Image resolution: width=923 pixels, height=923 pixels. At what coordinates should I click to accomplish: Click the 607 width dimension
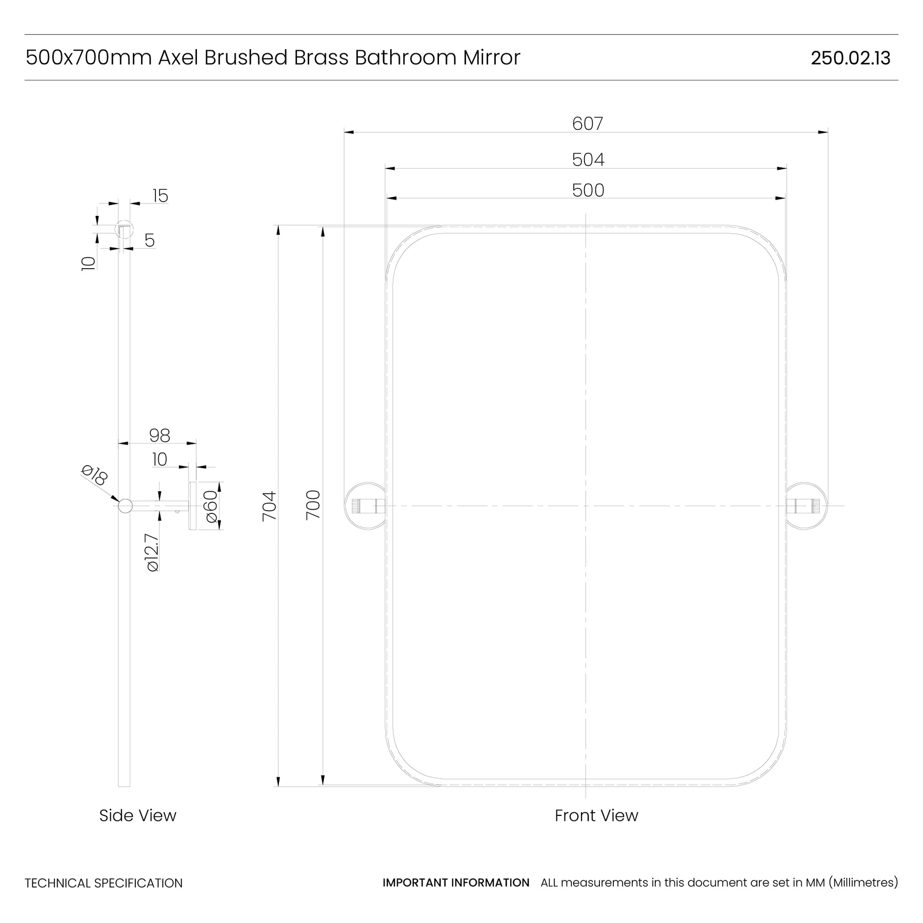pos(588,124)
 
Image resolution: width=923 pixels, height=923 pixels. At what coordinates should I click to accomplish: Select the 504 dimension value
pos(588,160)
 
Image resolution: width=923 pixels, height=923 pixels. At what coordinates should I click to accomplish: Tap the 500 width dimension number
pos(588,190)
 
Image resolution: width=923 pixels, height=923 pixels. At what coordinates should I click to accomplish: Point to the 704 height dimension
pos(269,506)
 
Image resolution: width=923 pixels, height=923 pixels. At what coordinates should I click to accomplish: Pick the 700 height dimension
pos(313,505)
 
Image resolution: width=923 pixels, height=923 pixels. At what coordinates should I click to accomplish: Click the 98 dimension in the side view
pos(159,435)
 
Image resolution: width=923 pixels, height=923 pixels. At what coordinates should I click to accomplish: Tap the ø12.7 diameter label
pos(152,553)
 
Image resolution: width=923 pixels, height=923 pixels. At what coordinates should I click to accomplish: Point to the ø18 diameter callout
pos(94,475)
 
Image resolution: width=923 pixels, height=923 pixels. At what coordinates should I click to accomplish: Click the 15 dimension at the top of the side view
pos(160,196)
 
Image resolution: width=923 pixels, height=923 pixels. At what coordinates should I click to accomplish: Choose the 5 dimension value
pos(150,240)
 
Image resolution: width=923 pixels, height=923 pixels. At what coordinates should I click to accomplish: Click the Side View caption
pos(137,815)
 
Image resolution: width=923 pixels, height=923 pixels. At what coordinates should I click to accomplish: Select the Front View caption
pos(596,815)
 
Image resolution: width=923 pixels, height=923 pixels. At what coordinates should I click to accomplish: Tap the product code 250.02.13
pos(851,58)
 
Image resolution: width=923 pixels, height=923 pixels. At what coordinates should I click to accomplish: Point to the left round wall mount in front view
pos(365,506)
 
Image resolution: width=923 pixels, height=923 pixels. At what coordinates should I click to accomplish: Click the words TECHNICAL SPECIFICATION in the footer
pos(104,883)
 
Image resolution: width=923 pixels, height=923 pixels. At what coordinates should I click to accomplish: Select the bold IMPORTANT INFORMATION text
pos(456,882)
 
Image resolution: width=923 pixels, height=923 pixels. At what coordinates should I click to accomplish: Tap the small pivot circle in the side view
pos(125,506)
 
